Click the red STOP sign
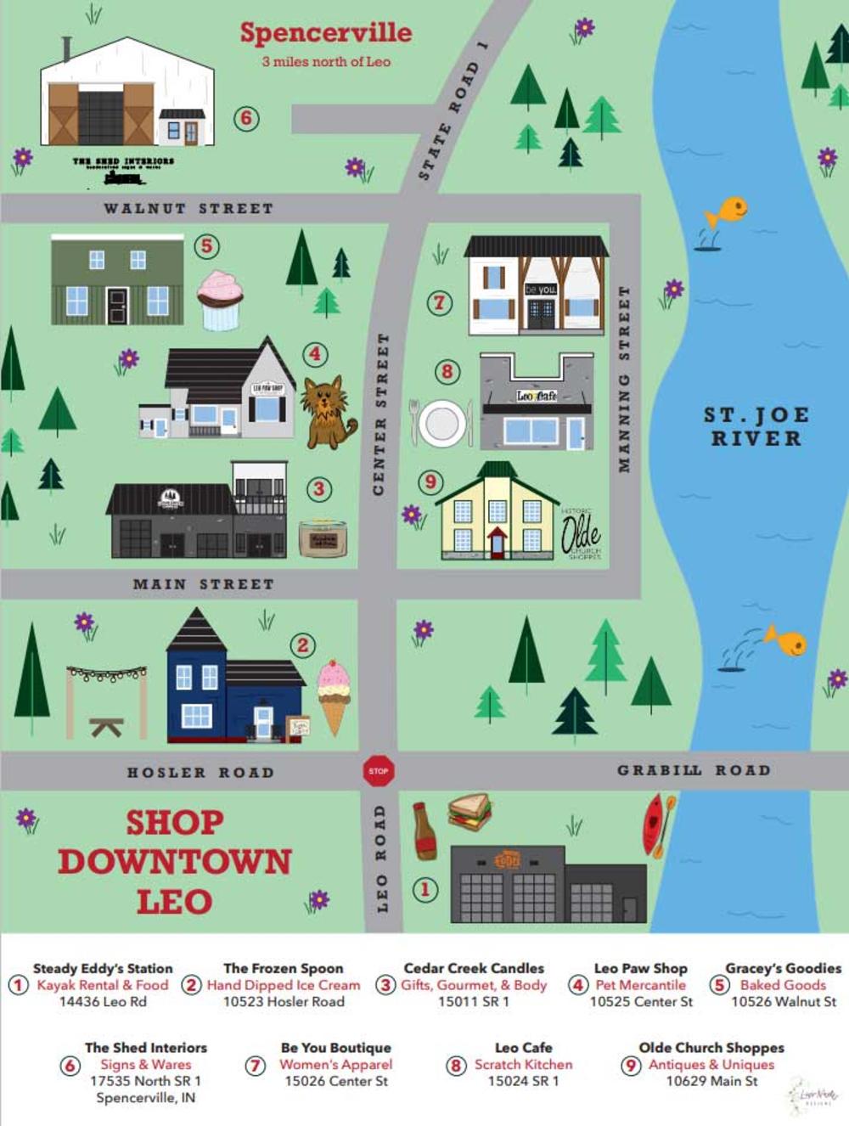(x=379, y=771)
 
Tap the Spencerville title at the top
(x=326, y=33)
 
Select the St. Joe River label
(x=756, y=426)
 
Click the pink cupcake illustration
(x=220, y=300)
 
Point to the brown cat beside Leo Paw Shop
(x=328, y=411)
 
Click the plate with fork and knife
(x=441, y=423)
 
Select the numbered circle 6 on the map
(x=246, y=118)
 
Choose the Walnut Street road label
(x=188, y=208)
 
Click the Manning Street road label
(x=625, y=379)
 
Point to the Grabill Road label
(x=694, y=770)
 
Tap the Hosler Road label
(x=200, y=772)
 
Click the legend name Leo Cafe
(x=523, y=1048)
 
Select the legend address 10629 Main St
(x=711, y=1081)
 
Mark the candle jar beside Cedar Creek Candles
(x=323, y=538)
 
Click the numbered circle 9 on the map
(x=430, y=482)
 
